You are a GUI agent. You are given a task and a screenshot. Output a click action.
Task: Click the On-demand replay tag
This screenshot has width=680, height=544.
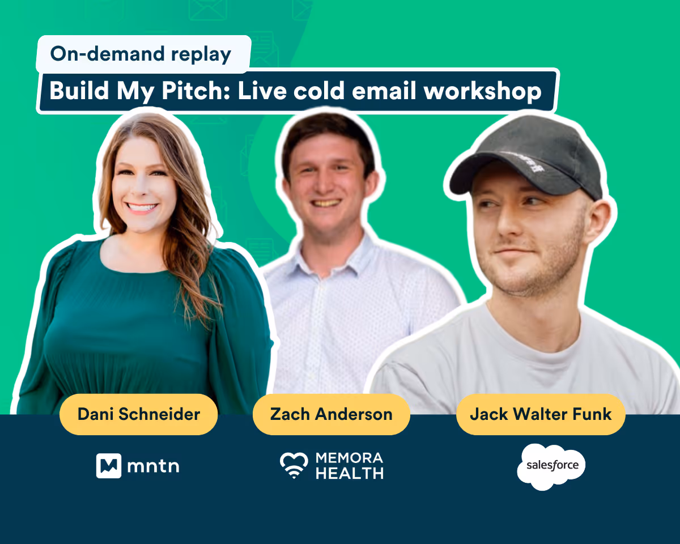click(144, 54)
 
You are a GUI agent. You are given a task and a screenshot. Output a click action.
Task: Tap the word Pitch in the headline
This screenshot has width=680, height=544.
click(196, 91)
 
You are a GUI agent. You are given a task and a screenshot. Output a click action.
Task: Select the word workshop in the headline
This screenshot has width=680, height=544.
click(482, 91)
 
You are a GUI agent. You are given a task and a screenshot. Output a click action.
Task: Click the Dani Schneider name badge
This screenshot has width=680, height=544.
click(139, 414)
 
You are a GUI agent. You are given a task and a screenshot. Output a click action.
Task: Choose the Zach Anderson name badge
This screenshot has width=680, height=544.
click(331, 414)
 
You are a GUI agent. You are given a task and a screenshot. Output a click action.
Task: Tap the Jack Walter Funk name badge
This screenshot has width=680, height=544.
click(541, 414)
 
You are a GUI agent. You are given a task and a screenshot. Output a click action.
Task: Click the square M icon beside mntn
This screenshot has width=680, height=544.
click(109, 466)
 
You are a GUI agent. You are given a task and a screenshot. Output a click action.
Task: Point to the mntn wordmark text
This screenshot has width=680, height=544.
click(153, 466)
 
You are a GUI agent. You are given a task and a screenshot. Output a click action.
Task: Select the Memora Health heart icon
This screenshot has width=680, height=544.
click(294, 465)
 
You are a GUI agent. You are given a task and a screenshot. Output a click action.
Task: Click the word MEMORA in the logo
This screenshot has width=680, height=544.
click(350, 458)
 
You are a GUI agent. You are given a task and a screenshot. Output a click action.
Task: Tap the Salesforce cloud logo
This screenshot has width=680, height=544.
click(551, 467)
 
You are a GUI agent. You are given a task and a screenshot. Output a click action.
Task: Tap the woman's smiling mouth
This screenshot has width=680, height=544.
click(142, 207)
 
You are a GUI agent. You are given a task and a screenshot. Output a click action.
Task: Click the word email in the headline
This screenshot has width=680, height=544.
click(384, 91)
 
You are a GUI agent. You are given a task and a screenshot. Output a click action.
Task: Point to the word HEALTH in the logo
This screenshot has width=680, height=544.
click(350, 473)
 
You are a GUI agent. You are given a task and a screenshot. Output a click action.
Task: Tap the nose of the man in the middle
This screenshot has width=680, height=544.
click(324, 184)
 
